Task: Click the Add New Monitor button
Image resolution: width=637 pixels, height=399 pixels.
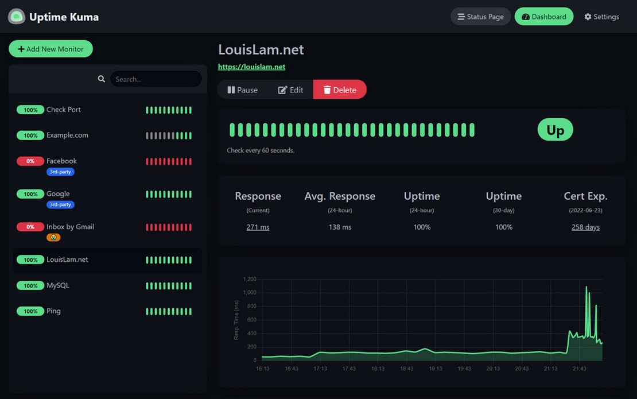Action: [51, 49]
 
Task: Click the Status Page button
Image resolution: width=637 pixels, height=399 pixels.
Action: [480, 17]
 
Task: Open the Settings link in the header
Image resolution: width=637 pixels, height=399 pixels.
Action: [601, 17]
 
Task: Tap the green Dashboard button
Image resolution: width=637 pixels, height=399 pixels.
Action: [543, 17]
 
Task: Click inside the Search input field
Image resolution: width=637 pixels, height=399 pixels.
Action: [156, 79]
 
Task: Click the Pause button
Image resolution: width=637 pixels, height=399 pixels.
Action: [242, 90]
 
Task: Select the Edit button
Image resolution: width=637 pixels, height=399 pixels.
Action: [290, 90]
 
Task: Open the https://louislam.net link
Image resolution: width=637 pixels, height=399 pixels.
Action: [251, 67]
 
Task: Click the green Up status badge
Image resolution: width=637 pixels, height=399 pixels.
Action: [555, 130]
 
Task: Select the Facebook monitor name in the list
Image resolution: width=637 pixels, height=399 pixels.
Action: [61, 161]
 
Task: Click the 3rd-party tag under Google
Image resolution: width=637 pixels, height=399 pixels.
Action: [60, 204]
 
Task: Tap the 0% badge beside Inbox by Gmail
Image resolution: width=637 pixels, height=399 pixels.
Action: [30, 227]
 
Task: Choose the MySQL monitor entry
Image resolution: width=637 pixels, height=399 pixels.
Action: [58, 285]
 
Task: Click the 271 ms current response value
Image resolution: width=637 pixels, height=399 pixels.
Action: [258, 227]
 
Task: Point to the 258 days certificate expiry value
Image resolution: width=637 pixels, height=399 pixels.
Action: [585, 227]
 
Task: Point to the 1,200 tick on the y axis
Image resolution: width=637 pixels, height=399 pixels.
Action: [249, 279]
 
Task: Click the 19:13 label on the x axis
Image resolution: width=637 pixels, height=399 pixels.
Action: [436, 369]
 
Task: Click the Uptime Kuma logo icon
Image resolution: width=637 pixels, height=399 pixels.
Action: [17, 17]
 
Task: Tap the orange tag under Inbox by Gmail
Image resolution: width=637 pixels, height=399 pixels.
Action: [53, 237]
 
